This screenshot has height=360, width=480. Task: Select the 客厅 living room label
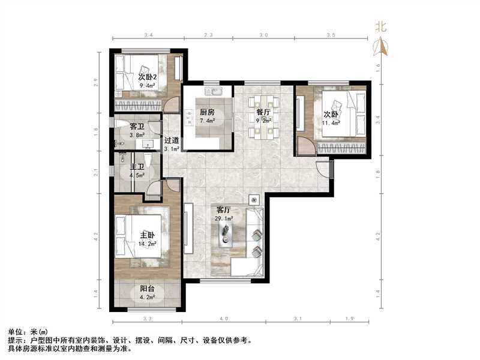coord(224,211)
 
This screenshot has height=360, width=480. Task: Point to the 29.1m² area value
coord(224,219)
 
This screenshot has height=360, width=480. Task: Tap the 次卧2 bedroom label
coord(147,77)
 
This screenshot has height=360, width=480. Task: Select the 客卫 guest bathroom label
coord(137,127)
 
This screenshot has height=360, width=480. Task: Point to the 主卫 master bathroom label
coord(137,167)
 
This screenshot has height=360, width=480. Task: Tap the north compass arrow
coord(380,46)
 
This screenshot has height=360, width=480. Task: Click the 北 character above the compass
coord(380,26)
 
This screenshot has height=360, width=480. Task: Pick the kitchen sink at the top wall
coord(213,92)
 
